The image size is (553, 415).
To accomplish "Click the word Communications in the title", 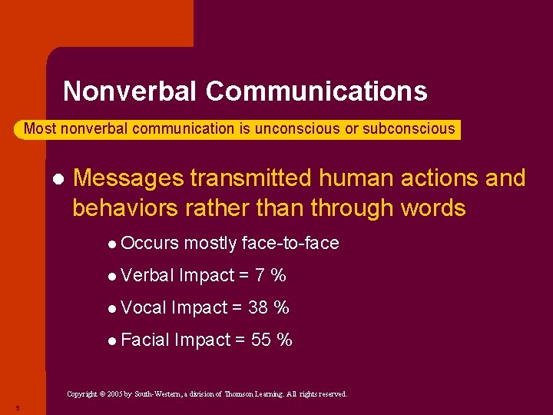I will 316,91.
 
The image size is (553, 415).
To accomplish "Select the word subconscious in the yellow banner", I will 409,129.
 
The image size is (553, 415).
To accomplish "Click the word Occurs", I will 150,244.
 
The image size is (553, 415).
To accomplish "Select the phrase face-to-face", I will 290,244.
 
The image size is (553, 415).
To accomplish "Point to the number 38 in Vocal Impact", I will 259,307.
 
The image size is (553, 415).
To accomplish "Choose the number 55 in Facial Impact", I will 261,340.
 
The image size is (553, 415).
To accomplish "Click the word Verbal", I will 147,275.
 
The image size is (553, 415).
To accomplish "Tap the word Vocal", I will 144,307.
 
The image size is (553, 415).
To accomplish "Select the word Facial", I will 145,340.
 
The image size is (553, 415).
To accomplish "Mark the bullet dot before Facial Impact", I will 112,340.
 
